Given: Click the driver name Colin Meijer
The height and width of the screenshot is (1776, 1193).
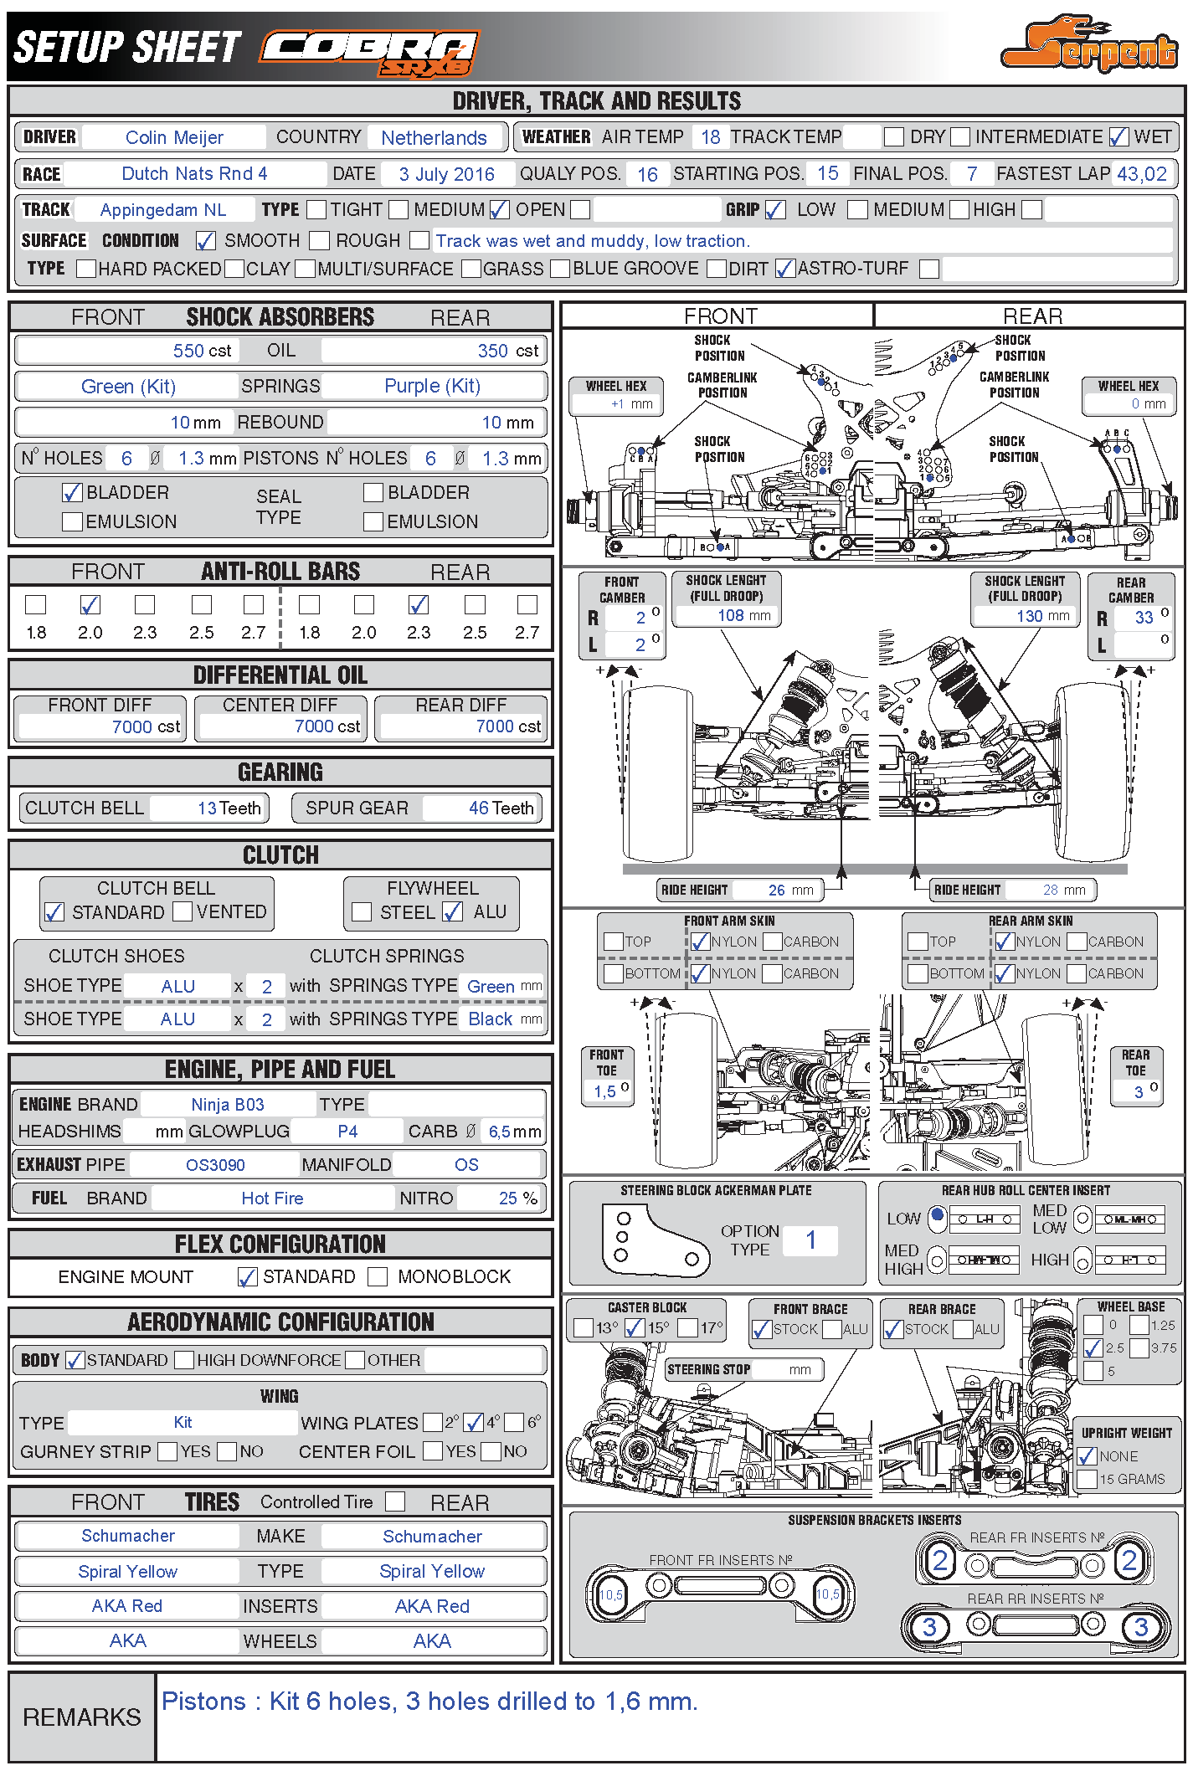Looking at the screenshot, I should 174,137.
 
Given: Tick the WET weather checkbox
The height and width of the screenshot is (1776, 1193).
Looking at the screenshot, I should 1119,136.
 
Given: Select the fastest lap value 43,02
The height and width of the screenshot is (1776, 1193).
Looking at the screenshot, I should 1142,174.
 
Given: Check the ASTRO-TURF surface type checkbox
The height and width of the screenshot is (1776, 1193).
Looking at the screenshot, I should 785,269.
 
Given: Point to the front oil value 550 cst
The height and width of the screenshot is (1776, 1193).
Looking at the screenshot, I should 202,351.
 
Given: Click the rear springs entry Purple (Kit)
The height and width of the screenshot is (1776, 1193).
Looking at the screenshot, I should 432,386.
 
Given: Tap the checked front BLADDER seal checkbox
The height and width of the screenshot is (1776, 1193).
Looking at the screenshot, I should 73,493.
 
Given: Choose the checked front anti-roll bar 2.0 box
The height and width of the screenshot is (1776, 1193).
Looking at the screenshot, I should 90,604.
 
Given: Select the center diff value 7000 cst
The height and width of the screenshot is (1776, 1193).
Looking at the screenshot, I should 327,726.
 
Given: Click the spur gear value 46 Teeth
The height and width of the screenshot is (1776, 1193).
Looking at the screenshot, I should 501,808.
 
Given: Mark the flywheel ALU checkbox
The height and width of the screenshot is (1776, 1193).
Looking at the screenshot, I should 453,912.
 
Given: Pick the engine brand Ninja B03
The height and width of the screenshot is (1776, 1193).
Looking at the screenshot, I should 228,1105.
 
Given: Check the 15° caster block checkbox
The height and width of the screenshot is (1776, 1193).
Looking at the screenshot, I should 635,1327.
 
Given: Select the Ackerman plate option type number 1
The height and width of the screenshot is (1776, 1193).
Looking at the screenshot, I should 810,1240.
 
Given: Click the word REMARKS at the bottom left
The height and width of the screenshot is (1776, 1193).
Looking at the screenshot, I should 82,1717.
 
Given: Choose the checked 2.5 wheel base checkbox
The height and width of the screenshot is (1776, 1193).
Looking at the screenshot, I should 1093,1347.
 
